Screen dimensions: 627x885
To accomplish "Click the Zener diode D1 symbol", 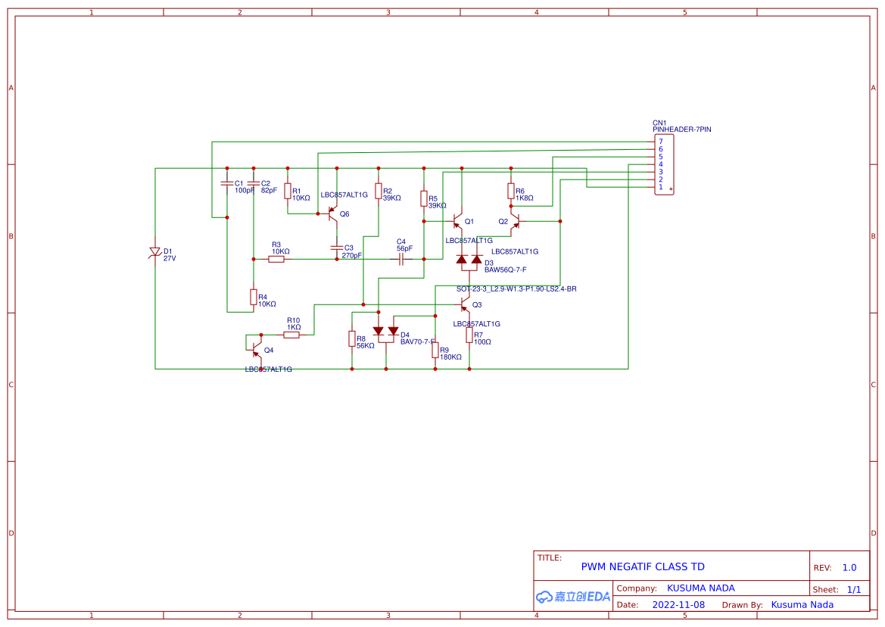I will pos(155,251).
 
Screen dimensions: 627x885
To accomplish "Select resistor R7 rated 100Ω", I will pos(469,335).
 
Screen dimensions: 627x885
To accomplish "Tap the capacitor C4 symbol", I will pos(401,259).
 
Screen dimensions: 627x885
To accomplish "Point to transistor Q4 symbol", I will pos(257,350).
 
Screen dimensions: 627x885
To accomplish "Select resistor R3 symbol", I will pos(276,259).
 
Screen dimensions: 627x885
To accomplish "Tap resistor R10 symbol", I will pos(291,335).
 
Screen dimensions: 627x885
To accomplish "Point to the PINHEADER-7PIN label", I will pos(681,129).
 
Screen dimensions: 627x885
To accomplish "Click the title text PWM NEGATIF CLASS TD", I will pos(642,566).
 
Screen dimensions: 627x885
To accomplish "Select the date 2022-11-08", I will pos(678,604).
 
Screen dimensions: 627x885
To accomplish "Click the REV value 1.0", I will pos(849,567).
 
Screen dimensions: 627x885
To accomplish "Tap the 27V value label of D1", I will pos(170,258).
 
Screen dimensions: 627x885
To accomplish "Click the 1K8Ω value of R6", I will pos(525,198).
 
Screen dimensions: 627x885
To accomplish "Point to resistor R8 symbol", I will pos(351,338).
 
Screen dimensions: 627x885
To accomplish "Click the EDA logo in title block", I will pos(572,597).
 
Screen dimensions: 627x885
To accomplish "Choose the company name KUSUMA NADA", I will pos(700,588).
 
